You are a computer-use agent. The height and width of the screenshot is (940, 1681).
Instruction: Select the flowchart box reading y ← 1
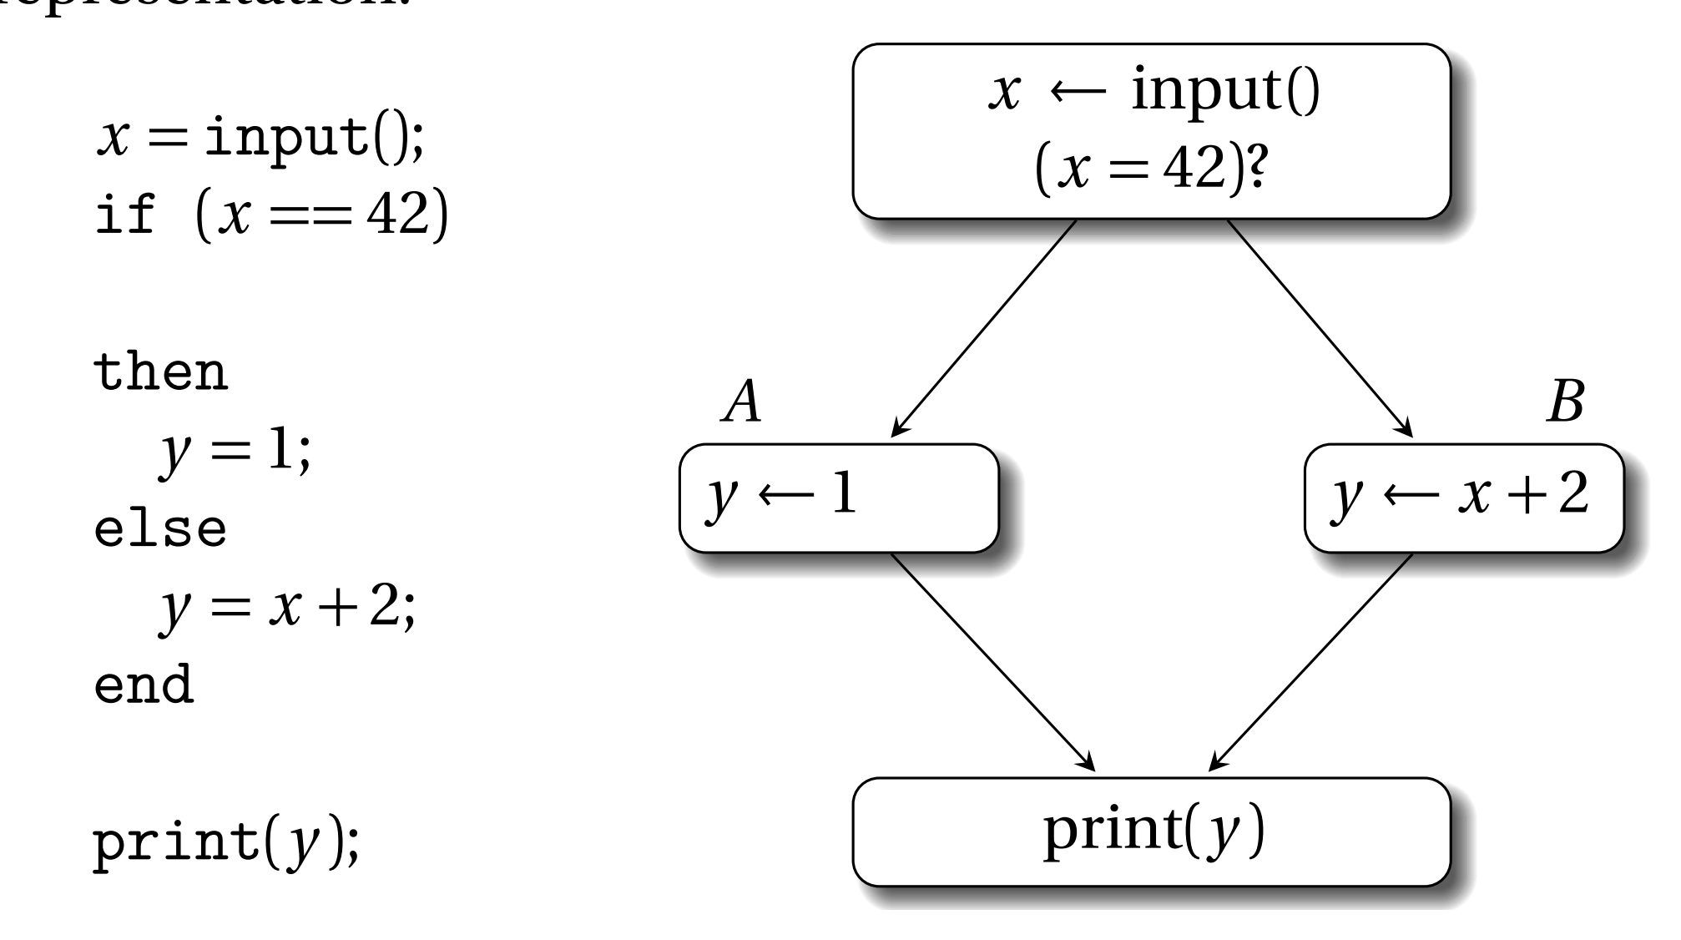pos(838,498)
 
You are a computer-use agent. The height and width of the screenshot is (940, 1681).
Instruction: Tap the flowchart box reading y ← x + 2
pos(1463,498)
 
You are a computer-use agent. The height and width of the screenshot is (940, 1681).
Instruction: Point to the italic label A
pos(742,402)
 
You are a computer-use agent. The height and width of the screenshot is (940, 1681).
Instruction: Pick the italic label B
pos(1564,402)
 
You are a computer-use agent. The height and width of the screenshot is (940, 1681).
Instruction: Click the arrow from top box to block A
pos(985,327)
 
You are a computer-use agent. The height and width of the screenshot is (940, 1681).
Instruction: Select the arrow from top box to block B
pos(1319,327)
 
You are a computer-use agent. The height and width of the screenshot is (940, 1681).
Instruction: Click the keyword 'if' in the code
pos(125,215)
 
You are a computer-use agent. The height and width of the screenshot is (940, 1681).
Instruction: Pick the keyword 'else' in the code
pos(160,528)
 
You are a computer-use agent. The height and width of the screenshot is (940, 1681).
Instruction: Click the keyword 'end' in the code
pos(144,685)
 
